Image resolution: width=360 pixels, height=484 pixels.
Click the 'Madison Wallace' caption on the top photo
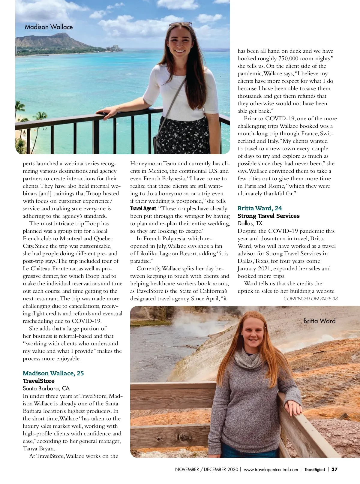(x=49, y=27)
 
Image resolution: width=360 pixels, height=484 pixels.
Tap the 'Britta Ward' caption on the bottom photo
(x=319, y=321)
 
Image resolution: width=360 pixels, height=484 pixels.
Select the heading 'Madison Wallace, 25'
(x=53, y=373)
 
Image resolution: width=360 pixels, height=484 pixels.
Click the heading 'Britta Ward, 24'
(x=259, y=208)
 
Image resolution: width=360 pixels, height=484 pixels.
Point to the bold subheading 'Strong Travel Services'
(x=268, y=216)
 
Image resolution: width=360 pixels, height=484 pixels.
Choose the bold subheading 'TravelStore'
(x=38, y=381)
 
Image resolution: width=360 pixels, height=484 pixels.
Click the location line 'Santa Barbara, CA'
(x=46, y=388)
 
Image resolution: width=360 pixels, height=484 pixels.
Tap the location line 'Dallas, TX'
(x=250, y=223)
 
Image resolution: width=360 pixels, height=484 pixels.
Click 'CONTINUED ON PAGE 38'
(x=310, y=299)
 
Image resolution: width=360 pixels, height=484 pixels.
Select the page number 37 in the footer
(x=334, y=469)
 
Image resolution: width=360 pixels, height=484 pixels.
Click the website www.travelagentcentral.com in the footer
(x=271, y=469)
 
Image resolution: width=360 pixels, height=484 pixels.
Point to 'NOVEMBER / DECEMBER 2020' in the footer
(x=206, y=469)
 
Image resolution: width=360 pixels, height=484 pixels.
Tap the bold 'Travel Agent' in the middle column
(x=143, y=209)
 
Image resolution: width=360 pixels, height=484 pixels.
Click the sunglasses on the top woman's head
(x=180, y=24)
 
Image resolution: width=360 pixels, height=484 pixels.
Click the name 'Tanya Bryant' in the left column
(x=39, y=449)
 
